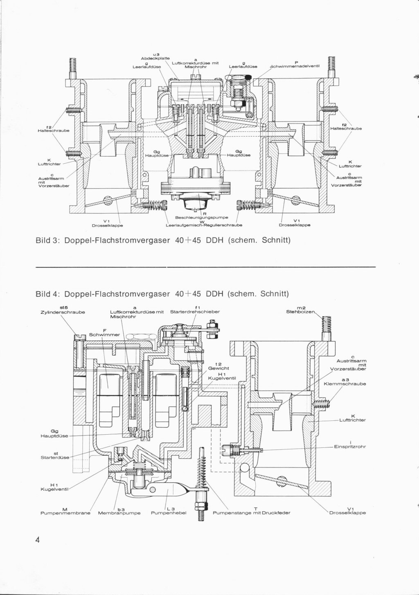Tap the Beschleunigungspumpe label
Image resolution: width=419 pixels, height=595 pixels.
202,218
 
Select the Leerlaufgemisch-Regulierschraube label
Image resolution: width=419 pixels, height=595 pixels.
204,225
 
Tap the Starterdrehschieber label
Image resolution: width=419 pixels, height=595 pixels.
195,312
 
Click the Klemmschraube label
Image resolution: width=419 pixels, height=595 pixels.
345,384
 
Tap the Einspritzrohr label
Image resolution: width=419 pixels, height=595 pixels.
349,447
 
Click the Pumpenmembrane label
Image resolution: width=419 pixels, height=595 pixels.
65,513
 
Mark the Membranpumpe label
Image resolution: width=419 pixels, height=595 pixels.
119,513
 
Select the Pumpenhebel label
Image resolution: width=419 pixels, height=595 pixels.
168,513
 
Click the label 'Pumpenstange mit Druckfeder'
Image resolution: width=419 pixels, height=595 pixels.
252,513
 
